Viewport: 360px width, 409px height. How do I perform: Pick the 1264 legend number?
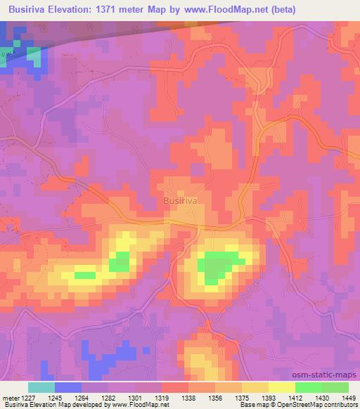81,398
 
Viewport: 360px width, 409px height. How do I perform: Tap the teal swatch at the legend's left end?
41,387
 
